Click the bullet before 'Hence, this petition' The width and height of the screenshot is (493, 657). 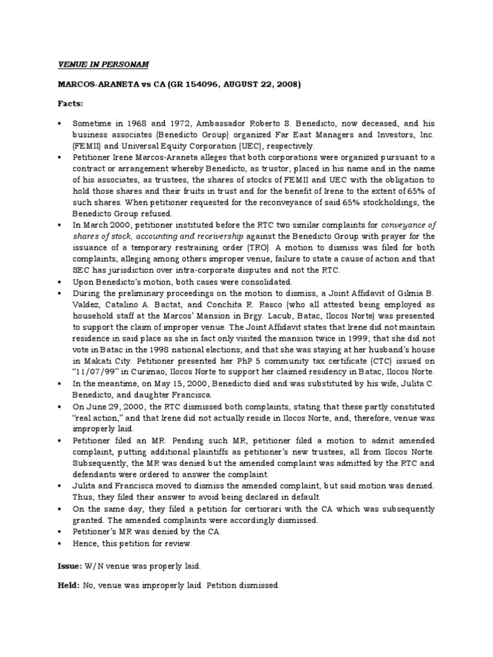(x=58, y=543)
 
